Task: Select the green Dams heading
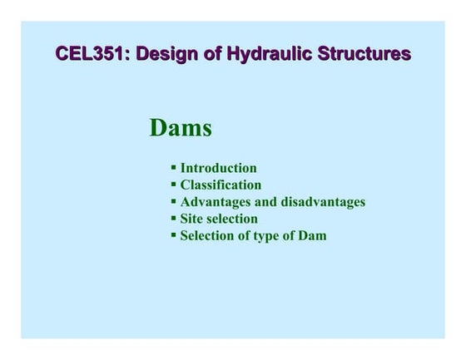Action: (181, 128)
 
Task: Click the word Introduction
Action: (219, 169)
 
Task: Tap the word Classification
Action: (221, 185)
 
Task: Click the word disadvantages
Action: (322, 202)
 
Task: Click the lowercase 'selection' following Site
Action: (233, 219)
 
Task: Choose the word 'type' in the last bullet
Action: (269, 235)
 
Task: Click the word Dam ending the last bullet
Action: (312, 235)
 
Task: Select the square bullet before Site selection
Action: (174, 219)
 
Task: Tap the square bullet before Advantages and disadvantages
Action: (174, 202)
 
